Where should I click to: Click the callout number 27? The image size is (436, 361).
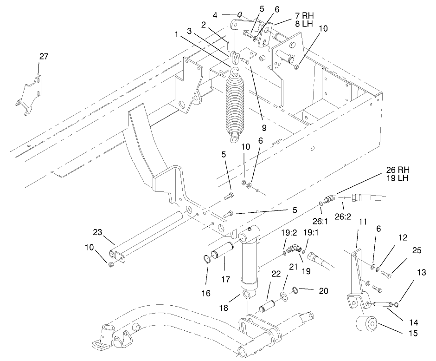click(43, 57)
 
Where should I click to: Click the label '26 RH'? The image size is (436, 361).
click(398, 169)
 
